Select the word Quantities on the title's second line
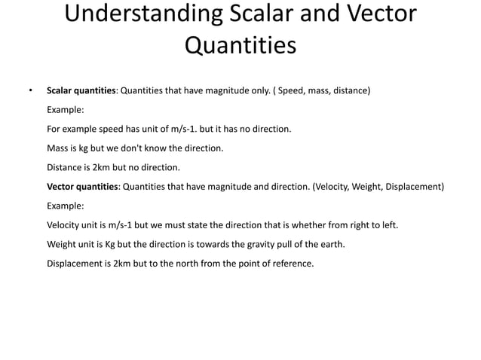tap(240, 47)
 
